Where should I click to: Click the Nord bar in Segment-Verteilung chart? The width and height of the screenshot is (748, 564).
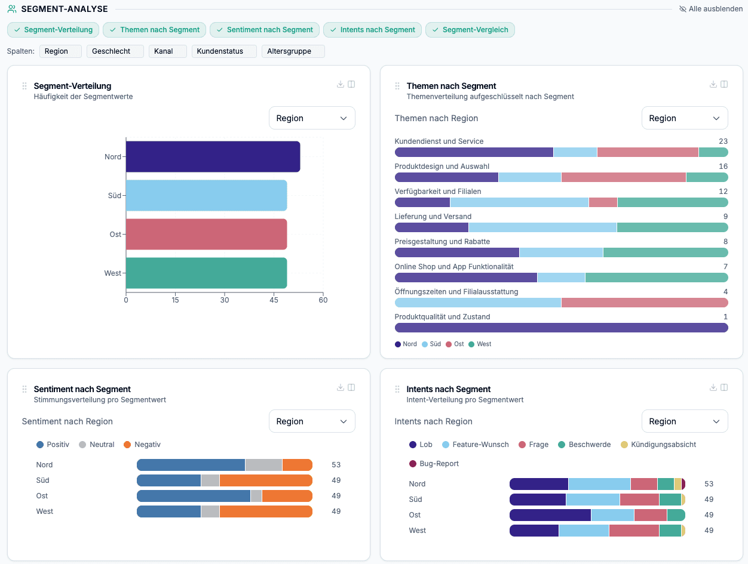[213, 157]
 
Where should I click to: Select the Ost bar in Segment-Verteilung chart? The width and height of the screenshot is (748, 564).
[206, 234]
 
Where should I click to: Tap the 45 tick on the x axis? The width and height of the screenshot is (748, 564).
[274, 300]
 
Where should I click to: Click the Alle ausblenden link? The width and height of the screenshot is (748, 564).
[711, 9]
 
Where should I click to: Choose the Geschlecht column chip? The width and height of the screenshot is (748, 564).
[115, 51]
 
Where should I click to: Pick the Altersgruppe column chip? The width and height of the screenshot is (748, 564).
[293, 51]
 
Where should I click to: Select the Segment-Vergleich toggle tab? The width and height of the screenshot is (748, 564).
[470, 30]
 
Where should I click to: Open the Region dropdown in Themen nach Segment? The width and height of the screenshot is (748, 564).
[684, 118]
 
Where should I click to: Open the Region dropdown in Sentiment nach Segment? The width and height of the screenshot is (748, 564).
[311, 421]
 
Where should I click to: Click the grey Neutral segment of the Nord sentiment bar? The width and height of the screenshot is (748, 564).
[263, 465]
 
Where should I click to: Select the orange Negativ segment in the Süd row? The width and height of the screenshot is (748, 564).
[266, 480]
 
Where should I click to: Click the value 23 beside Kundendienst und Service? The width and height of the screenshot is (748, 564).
[723, 141]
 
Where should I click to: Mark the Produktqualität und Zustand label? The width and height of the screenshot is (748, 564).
[442, 317]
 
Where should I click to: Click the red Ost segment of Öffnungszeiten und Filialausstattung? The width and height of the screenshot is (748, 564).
[644, 303]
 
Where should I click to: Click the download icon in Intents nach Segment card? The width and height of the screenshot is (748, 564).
[713, 387]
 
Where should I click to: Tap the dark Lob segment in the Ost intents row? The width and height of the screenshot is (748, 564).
[550, 515]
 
